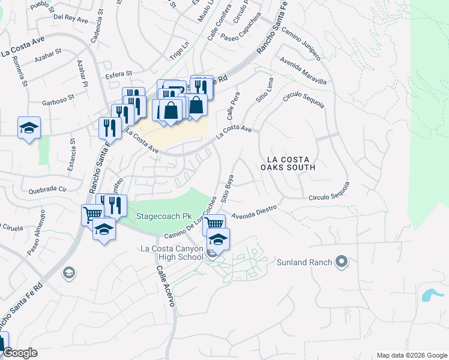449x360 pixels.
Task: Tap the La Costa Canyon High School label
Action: (x=172, y=253)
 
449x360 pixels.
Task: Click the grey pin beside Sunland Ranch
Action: (x=342, y=262)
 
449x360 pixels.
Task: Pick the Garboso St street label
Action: (x=58, y=96)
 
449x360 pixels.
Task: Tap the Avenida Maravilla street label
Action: (x=306, y=73)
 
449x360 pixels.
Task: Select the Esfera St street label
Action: (x=118, y=74)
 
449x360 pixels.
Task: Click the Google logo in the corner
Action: (x=20, y=353)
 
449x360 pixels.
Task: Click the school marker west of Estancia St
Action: (x=29, y=128)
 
